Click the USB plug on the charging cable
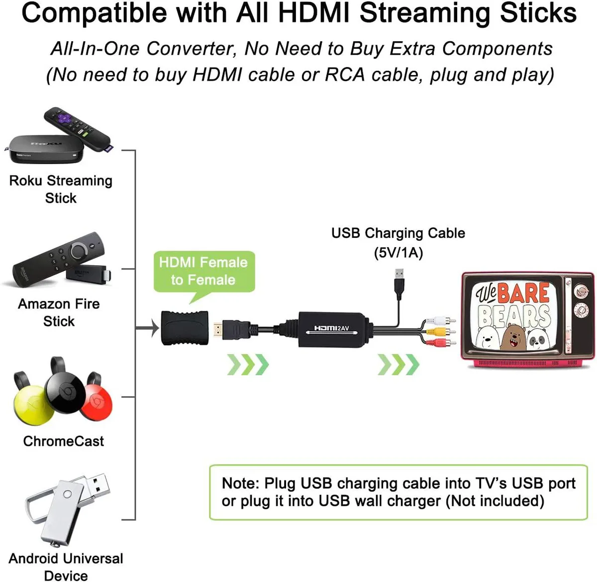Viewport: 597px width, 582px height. (399, 284)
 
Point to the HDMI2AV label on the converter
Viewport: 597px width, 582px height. (332, 328)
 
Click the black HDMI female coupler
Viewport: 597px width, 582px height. (185, 328)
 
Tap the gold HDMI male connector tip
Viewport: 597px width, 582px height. (218, 330)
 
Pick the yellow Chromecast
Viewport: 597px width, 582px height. (32, 399)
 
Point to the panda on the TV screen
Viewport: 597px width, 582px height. (540, 339)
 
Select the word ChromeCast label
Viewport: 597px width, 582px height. (64, 441)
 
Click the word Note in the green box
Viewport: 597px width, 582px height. (240, 483)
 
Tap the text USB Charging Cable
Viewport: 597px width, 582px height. (398, 233)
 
